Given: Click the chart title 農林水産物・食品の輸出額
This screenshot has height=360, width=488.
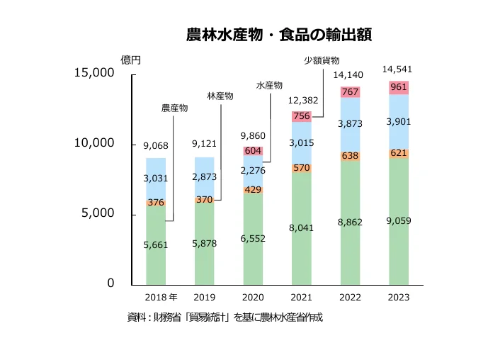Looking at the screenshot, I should (x=279, y=34).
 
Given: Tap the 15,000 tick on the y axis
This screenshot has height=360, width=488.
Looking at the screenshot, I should (x=94, y=73).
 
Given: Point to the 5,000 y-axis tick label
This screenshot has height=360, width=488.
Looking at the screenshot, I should (x=98, y=213).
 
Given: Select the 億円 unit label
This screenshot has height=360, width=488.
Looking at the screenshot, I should (x=131, y=59).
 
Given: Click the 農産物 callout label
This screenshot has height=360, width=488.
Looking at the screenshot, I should (x=174, y=108).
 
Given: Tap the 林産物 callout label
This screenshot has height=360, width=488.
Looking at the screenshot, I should (x=220, y=95).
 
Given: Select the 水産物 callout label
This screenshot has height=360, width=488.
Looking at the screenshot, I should (x=269, y=85).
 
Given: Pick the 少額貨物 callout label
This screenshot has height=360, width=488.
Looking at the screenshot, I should (x=322, y=61).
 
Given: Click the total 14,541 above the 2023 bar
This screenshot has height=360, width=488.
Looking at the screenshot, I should (x=397, y=69).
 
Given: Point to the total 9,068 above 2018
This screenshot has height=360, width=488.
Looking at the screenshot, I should (x=156, y=146).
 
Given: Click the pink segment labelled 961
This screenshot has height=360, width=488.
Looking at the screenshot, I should (x=398, y=88).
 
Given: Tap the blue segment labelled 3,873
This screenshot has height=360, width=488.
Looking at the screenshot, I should (x=351, y=124).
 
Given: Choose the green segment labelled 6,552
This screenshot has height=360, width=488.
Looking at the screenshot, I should (x=254, y=238).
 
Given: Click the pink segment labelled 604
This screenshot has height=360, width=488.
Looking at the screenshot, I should (x=254, y=151).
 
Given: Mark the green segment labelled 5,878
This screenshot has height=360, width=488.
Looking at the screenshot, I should (x=205, y=243).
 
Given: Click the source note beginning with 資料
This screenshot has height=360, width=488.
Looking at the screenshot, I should (x=225, y=317).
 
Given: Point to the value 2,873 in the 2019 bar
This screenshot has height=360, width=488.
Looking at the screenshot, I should (x=205, y=175).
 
